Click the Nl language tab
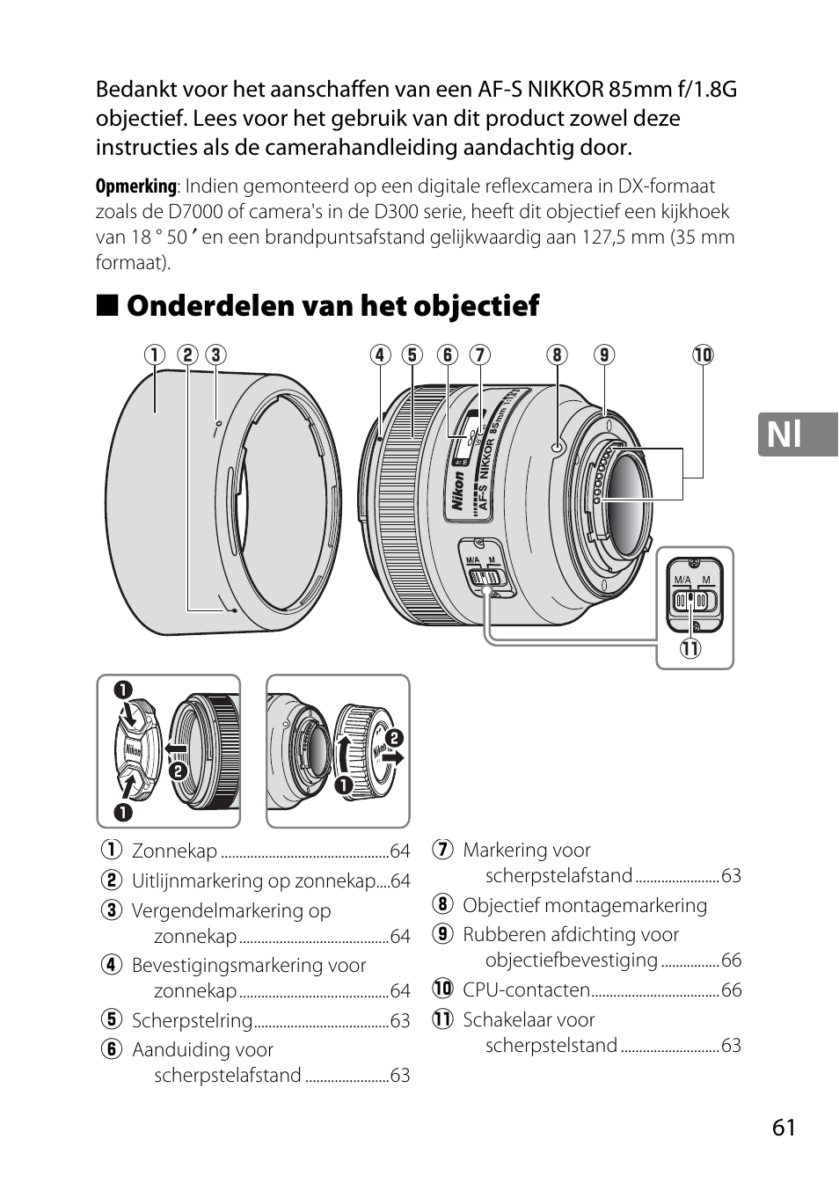(797, 434)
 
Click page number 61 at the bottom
(784, 1128)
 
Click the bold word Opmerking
(135, 186)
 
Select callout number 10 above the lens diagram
(702, 354)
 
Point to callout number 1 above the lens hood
(155, 354)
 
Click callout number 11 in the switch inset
(689, 650)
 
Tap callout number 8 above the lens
(556, 354)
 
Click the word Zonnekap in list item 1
(174, 851)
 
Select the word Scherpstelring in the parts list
(192, 1020)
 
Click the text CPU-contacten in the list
(526, 989)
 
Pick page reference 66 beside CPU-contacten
(731, 989)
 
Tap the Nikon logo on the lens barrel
(456, 491)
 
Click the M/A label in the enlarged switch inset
(682, 581)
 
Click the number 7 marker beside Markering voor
(442, 851)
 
